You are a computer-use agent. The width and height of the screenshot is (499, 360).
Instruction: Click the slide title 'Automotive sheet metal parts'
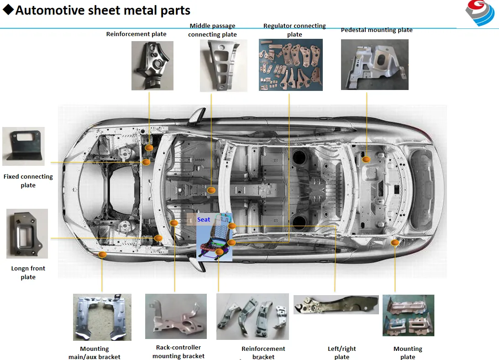(103, 10)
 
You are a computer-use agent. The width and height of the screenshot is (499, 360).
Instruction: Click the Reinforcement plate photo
(152, 65)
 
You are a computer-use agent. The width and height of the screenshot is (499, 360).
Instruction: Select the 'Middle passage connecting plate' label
(212, 30)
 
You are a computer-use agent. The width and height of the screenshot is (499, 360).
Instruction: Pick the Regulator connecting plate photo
(290, 64)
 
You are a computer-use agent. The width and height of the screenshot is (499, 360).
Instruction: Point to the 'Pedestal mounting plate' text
(376, 30)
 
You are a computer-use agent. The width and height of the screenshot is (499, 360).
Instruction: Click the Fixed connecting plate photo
(23, 146)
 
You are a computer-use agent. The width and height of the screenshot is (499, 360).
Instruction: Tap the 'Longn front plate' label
(28, 273)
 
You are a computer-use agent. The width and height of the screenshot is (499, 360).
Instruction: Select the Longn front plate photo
(27, 233)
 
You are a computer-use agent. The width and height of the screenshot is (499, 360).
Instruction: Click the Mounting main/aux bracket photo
(102, 317)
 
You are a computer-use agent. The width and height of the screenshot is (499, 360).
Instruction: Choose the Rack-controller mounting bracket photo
(176, 316)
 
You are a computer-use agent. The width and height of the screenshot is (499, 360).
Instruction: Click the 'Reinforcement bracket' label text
(263, 353)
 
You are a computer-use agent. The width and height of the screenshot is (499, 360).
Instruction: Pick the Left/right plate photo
(336, 304)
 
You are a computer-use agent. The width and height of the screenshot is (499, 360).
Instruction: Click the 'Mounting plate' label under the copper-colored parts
(408, 353)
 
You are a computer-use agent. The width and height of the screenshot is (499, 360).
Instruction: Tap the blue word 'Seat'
(204, 220)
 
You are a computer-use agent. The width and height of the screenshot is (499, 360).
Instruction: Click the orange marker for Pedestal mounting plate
(366, 159)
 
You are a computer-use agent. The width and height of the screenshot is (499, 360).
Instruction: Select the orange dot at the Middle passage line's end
(211, 190)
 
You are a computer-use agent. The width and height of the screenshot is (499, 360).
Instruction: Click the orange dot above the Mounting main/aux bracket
(102, 254)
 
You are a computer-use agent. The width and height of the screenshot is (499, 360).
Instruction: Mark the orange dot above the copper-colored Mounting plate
(395, 243)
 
